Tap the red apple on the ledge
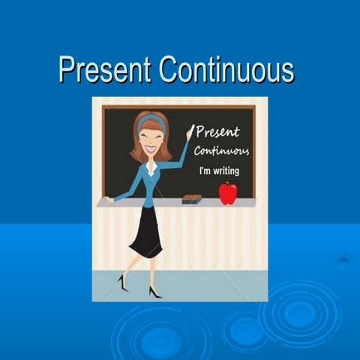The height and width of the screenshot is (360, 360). pyautogui.click(x=227, y=193)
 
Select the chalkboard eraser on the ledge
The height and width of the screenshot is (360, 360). pyautogui.click(x=192, y=199)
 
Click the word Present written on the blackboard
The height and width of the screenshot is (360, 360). pyautogui.click(x=217, y=133)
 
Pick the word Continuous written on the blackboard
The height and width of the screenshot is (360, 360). pyautogui.click(x=221, y=151)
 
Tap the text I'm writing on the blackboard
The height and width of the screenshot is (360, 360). pyautogui.click(x=220, y=171)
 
